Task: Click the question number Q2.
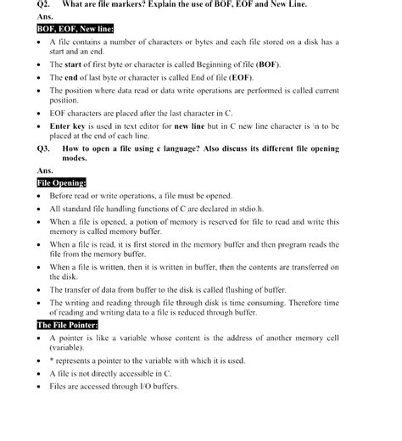[44, 5]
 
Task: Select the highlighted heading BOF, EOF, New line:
[75, 29]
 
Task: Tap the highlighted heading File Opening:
[61, 182]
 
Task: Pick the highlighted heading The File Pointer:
[67, 325]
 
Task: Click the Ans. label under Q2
[45, 17]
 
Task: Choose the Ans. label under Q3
[45, 170]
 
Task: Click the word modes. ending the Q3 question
[75, 159]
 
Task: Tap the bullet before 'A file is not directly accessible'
[40, 373]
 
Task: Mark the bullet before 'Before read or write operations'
[40, 195]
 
